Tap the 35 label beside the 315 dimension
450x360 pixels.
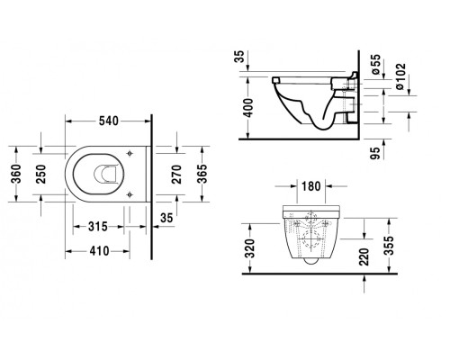pos(166,219)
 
